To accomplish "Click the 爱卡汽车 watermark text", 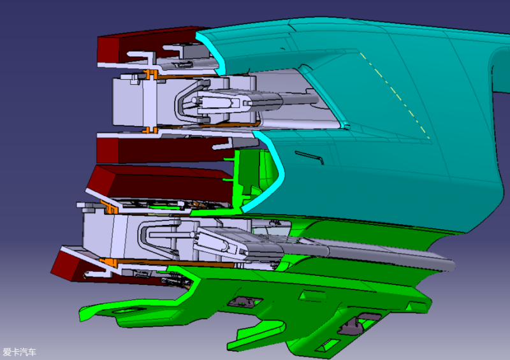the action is click(19, 352).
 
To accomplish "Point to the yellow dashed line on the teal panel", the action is click(395, 95).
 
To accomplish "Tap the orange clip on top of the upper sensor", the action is click(151, 75).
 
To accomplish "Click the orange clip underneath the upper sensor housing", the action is click(150, 131).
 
